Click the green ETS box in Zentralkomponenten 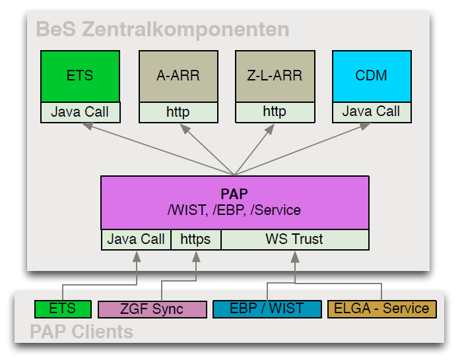tap(80, 76)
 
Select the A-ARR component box tap(178, 76)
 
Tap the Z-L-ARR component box tap(275, 76)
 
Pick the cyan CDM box tap(371, 76)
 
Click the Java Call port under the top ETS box tap(80, 112)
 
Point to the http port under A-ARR tap(178, 112)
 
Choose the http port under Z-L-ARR tap(275, 112)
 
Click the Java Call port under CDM tap(371, 112)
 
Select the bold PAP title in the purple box tap(234, 195)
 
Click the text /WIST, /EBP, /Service tap(234, 210)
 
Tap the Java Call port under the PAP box tap(136, 239)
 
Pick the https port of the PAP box tap(195, 239)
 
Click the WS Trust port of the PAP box tap(294, 239)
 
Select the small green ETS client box tap(63, 309)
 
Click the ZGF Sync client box tap(152, 309)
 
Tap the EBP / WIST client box tap(267, 309)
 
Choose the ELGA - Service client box tap(381, 309)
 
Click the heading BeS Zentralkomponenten tap(162, 30)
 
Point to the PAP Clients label tap(81, 331)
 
